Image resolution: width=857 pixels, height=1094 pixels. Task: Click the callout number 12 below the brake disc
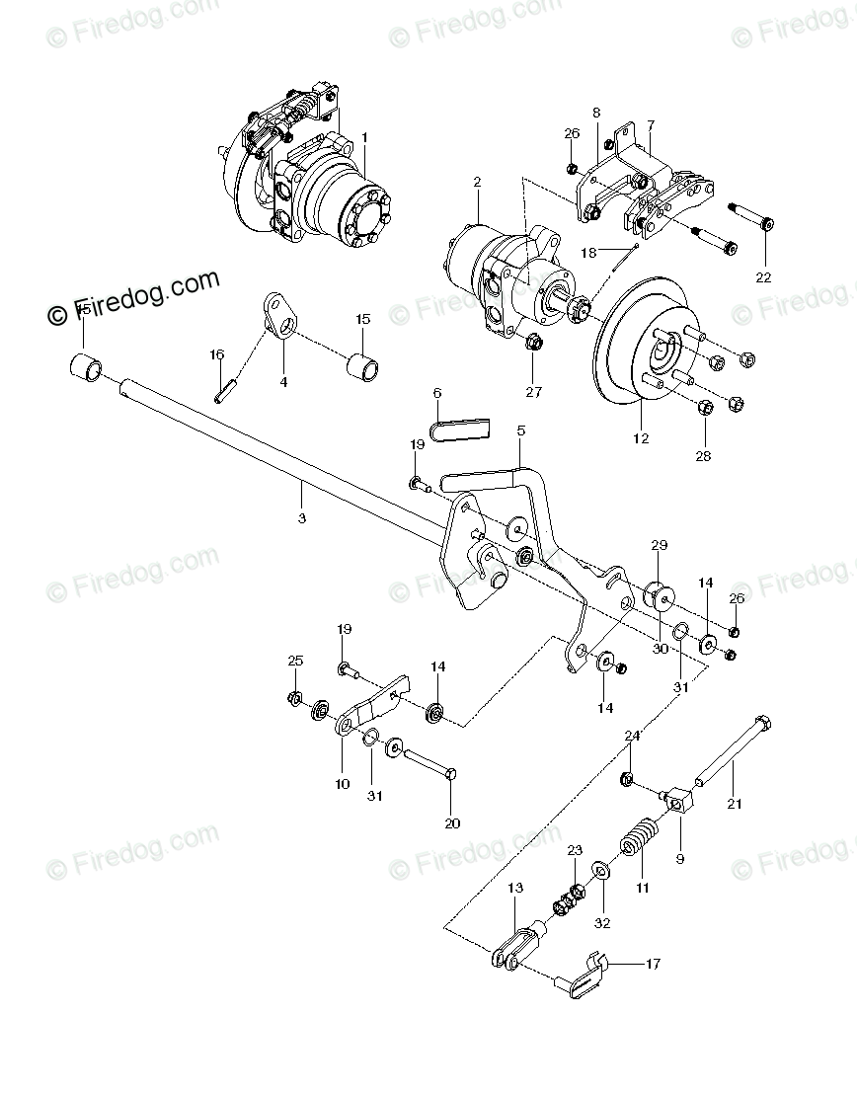click(641, 438)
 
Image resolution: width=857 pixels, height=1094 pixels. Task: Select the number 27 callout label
click(534, 392)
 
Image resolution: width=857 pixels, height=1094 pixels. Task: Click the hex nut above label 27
click(532, 344)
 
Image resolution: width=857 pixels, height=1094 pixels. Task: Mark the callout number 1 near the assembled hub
click(363, 136)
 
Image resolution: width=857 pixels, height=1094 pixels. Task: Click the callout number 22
click(762, 277)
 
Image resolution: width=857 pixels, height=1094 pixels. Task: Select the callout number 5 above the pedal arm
click(520, 430)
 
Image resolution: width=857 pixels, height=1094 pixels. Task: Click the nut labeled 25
click(294, 699)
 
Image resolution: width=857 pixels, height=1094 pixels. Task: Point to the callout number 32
click(602, 924)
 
